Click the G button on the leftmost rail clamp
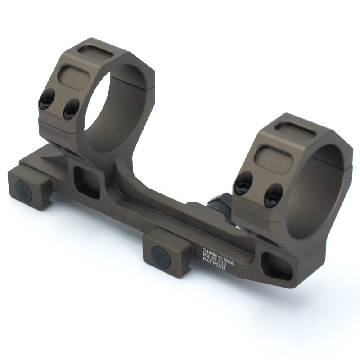(22, 188)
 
